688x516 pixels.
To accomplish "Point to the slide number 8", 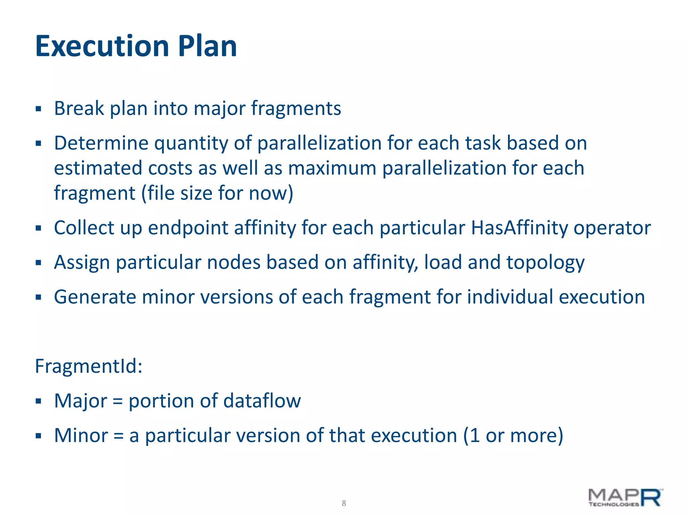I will (344, 503).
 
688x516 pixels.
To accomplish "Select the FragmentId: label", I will (89, 366).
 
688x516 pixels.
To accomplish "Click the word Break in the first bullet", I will (79, 109).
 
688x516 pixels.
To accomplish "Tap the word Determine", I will (101, 143).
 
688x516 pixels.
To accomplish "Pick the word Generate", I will (95, 297).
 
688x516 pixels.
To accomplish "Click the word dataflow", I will (262, 401).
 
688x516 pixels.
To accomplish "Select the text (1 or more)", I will (513, 435).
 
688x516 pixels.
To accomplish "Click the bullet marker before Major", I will (38, 401).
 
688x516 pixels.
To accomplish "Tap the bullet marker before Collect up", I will (38, 228).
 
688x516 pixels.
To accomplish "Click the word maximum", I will (332, 168).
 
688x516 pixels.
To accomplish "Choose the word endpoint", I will (188, 228).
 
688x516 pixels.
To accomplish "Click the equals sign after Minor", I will (119, 436).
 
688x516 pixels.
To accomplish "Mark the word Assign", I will (82, 263).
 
